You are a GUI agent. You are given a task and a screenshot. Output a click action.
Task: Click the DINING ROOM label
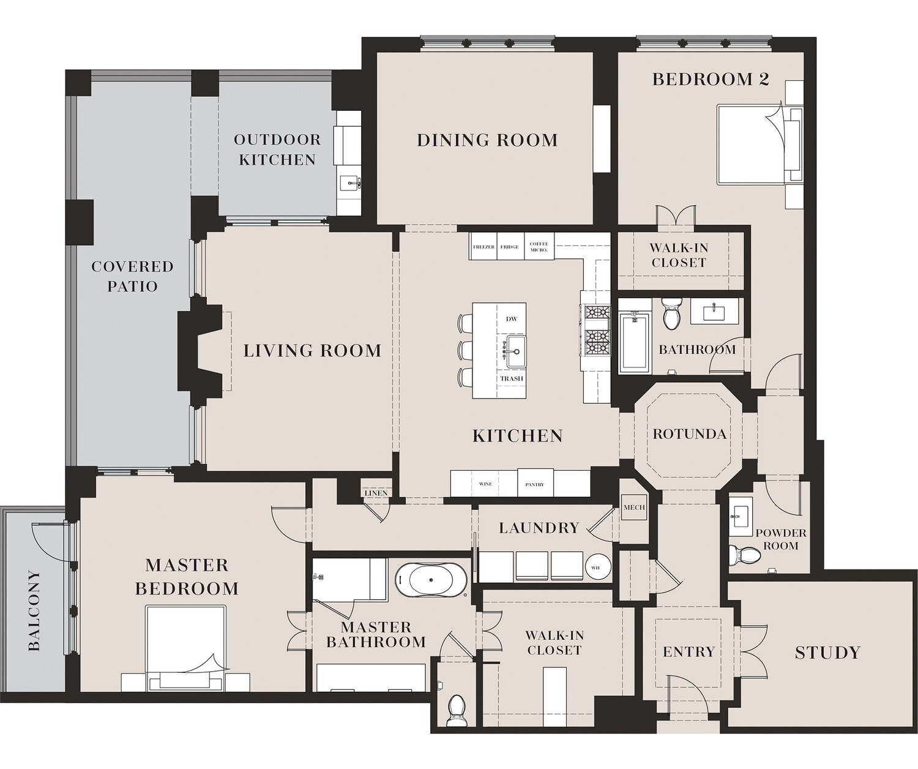tap(487, 140)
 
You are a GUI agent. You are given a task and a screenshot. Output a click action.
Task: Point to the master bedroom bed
tap(185, 643)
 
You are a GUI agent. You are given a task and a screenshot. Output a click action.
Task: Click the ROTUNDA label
tap(689, 434)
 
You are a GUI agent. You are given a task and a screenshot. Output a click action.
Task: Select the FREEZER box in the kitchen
tap(483, 247)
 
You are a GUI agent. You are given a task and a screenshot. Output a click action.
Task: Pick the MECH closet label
tap(634, 508)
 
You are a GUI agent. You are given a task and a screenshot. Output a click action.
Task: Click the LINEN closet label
tap(376, 493)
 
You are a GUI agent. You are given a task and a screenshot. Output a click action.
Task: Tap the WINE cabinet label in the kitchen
tap(485, 484)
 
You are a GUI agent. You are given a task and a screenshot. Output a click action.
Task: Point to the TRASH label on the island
tap(512, 378)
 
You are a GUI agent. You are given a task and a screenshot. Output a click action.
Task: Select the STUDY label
tap(827, 653)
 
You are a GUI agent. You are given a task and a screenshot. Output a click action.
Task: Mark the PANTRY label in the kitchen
tap(534, 484)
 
